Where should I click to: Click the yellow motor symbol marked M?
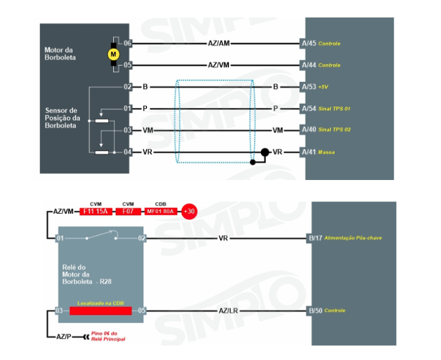[113, 54]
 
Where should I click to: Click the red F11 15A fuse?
[96, 211]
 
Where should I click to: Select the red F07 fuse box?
[128, 211]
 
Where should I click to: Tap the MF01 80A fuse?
[160, 211]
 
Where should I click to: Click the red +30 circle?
[190, 211]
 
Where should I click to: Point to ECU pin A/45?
[309, 43]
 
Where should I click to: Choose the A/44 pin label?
[309, 65]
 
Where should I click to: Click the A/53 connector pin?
[309, 87]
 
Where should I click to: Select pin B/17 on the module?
[315, 238]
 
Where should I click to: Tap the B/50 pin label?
[315, 310]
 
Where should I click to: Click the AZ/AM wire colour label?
[219, 43]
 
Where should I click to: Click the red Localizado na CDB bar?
[100, 310]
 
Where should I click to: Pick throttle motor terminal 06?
[127, 43]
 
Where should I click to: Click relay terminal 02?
[141, 238]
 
